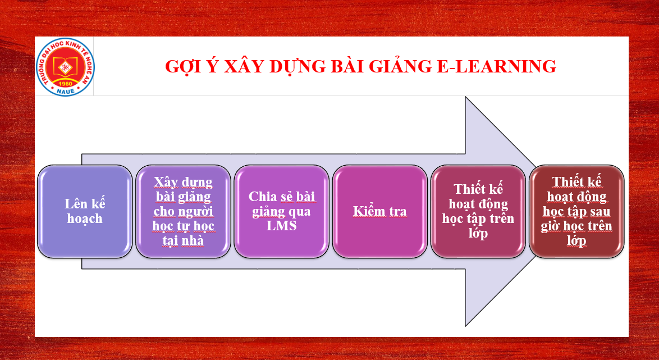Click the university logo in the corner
coord(65,67)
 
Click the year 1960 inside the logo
coord(65,83)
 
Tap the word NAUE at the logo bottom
coord(65,91)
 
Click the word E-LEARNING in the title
coord(497,66)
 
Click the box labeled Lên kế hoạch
coord(85,211)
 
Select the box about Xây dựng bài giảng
coord(183,211)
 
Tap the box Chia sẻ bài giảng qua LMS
coord(282,211)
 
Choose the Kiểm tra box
coord(380,211)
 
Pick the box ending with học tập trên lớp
coord(478,211)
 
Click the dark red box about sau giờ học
coord(576,211)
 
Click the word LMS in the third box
coord(282,225)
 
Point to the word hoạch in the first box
coord(85,219)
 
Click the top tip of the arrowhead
coord(466,97)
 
